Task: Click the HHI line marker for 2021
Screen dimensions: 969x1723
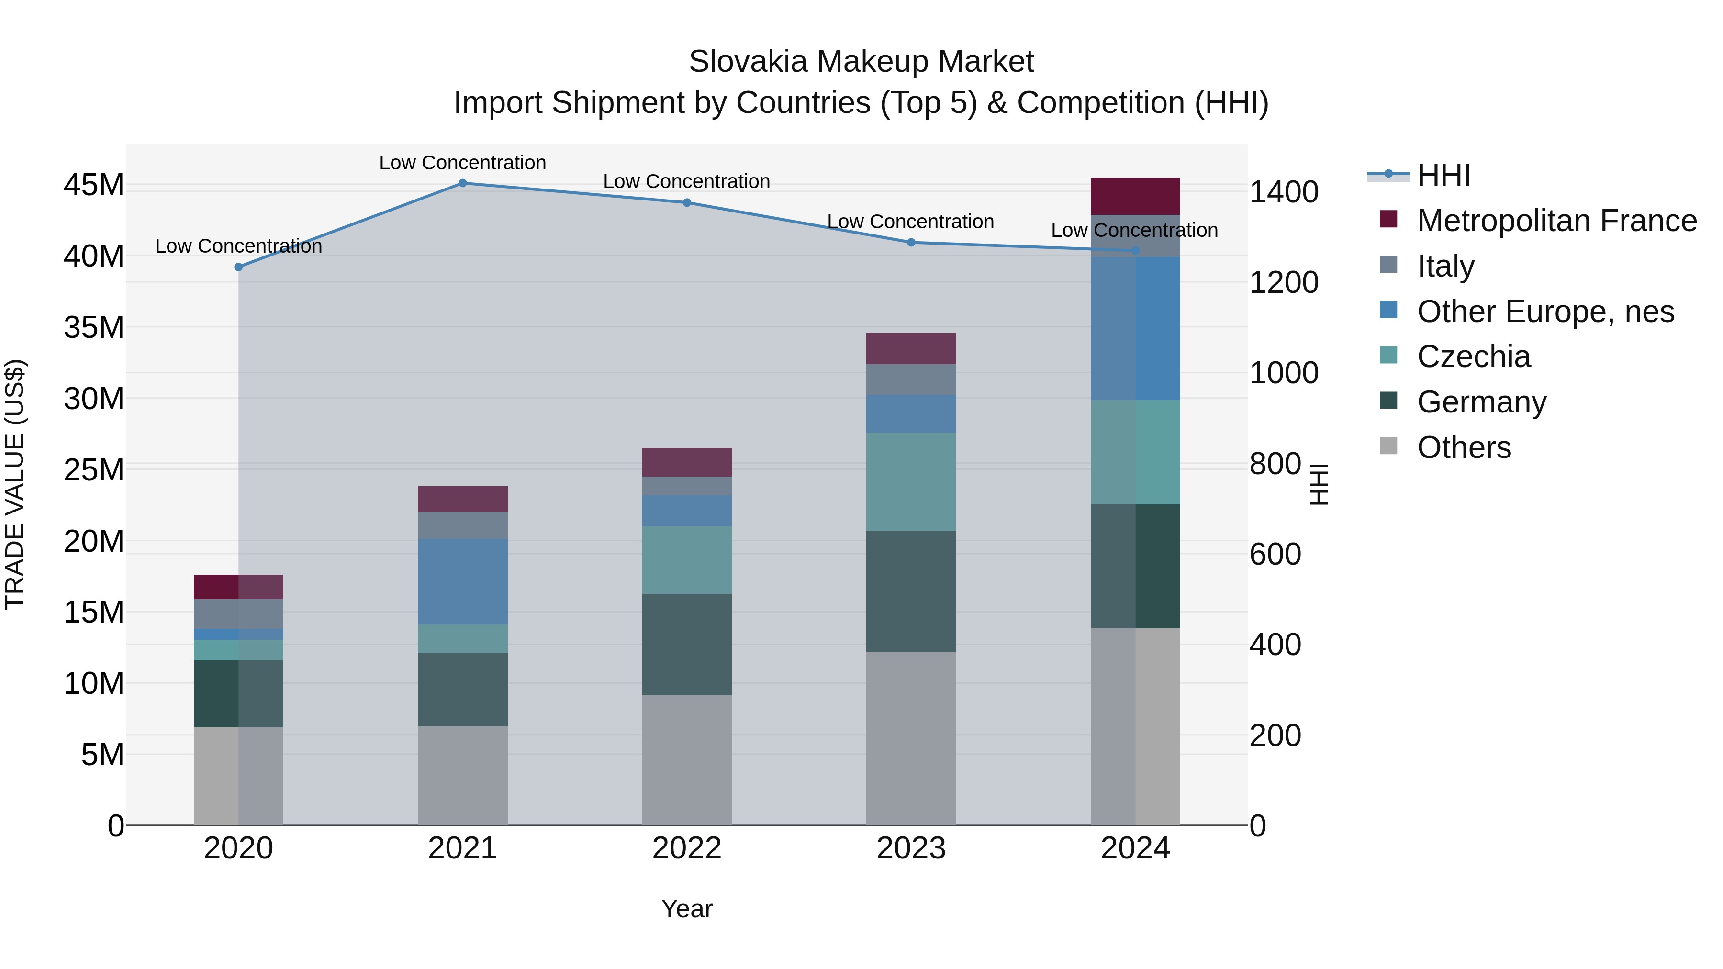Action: (x=462, y=183)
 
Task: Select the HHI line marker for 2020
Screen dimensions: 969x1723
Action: (x=239, y=267)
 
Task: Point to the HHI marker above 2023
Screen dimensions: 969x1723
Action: (x=911, y=243)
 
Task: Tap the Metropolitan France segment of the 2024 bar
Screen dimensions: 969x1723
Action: (x=1135, y=196)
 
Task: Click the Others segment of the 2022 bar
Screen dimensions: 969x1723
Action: (x=687, y=760)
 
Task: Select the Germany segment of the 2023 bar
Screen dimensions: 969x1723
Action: (x=911, y=591)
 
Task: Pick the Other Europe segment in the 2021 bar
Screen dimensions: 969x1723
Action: (x=462, y=581)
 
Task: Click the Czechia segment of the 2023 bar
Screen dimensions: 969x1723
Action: (x=911, y=481)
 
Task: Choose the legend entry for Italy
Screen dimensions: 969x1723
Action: (x=1445, y=266)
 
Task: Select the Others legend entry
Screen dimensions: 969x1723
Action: (x=1464, y=447)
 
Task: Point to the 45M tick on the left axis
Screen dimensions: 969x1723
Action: (x=94, y=185)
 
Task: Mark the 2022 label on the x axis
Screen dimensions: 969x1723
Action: (x=687, y=848)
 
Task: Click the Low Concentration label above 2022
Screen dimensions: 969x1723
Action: (x=687, y=181)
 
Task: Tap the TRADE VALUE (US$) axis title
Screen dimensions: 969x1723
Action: (x=15, y=484)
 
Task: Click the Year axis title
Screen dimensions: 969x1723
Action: (x=687, y=909)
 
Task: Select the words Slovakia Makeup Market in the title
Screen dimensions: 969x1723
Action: (x=861, y=62)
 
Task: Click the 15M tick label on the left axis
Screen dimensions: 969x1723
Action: (x=94, y=613)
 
